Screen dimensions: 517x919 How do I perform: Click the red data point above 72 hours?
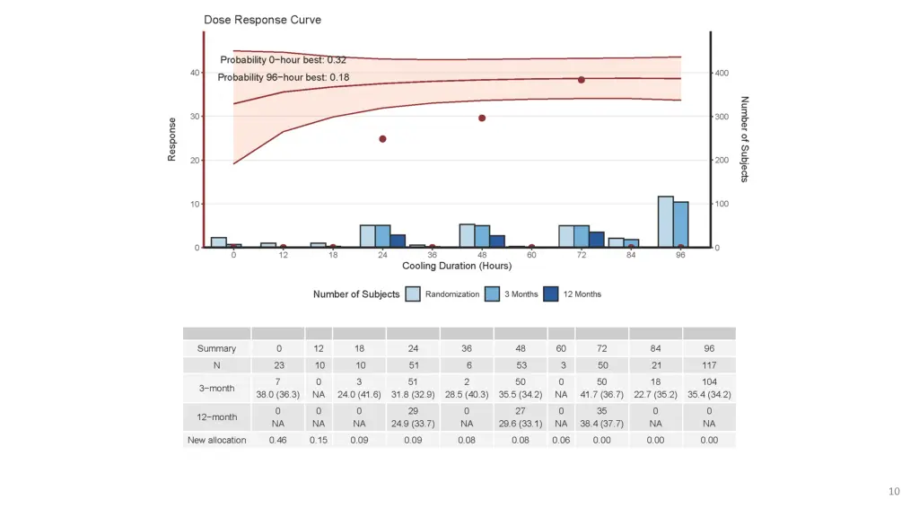tap(582, 80)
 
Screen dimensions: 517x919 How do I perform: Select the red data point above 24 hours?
tap(382, 139)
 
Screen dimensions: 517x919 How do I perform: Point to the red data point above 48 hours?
tap(482, 118)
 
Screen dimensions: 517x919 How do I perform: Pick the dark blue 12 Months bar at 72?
tap(597, 240)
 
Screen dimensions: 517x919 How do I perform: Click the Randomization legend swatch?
tap(413, 294)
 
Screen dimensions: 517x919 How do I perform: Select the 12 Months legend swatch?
tap(551, 294)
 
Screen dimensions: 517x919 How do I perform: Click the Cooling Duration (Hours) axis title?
tap(457, 266)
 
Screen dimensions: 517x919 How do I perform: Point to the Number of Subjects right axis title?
tap(745, 139)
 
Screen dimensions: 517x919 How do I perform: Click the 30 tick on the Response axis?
tap(195, 117)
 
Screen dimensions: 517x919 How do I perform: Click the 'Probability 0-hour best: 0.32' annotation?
tap(284, 60)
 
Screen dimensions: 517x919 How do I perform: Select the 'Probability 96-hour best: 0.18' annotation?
tap(284, 77)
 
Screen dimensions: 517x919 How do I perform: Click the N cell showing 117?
tap(709, 365)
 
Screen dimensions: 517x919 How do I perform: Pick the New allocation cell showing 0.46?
tap(278, 440)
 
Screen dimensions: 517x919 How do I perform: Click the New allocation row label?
tap(216, 440)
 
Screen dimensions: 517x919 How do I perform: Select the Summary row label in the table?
tap(216, 348)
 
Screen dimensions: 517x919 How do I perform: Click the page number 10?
tap(893, 491)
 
